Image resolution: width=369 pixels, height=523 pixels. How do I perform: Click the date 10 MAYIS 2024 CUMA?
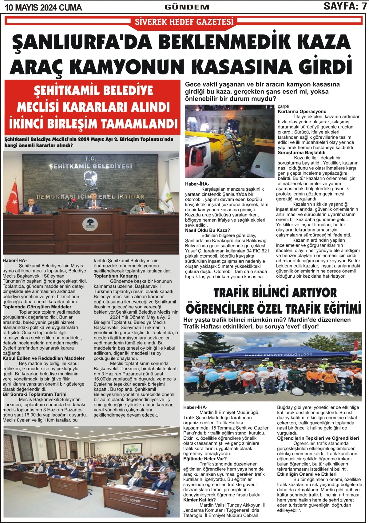[43, 7]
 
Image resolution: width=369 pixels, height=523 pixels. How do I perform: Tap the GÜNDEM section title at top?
[187, 7]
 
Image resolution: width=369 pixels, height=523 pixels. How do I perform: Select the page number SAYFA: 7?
[345, 6]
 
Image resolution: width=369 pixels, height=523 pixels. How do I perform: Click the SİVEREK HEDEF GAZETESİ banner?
[184, 22]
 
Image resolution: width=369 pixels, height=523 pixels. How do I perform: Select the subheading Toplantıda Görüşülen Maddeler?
[37, 307]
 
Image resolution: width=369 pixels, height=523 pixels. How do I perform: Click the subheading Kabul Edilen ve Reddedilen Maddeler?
[43, 358]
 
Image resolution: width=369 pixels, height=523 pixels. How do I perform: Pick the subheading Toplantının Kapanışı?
[116, 276]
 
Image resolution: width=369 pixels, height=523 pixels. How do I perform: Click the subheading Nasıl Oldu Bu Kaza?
[208, 230]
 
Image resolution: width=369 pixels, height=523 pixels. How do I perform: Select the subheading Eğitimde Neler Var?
[205, 459]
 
